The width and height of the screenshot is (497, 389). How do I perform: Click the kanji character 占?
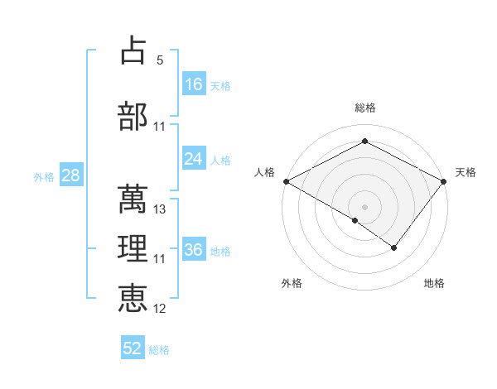point(133,50)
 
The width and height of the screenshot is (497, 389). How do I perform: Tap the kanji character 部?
point(133,117)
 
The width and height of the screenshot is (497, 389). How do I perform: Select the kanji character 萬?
point(133,199)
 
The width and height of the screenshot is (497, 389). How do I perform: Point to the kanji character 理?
point(133,249)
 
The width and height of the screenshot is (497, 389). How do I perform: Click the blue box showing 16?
point(194,84)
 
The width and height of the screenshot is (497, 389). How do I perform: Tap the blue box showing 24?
point(194,159)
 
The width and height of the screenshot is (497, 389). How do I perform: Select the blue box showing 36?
point(194,250)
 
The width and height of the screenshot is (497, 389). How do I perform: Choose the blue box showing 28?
point(70,175)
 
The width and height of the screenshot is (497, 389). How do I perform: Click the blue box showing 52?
point(133,348)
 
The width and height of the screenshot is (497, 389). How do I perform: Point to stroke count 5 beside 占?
point(160,60)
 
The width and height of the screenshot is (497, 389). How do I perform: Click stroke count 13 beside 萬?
point(161,209)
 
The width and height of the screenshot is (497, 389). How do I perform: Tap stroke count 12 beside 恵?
point(161,309)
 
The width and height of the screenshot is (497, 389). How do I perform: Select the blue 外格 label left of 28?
point(44,176)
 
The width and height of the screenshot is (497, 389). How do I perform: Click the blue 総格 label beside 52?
point(160,350)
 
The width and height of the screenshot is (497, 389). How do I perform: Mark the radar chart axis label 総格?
point(365,108)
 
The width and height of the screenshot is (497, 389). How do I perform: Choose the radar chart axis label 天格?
point(466,172)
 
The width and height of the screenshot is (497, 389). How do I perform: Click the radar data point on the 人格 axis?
point(286,180)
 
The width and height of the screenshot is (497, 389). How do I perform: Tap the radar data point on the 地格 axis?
point(394,247)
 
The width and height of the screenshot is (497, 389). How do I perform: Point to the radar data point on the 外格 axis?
point(355,220)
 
